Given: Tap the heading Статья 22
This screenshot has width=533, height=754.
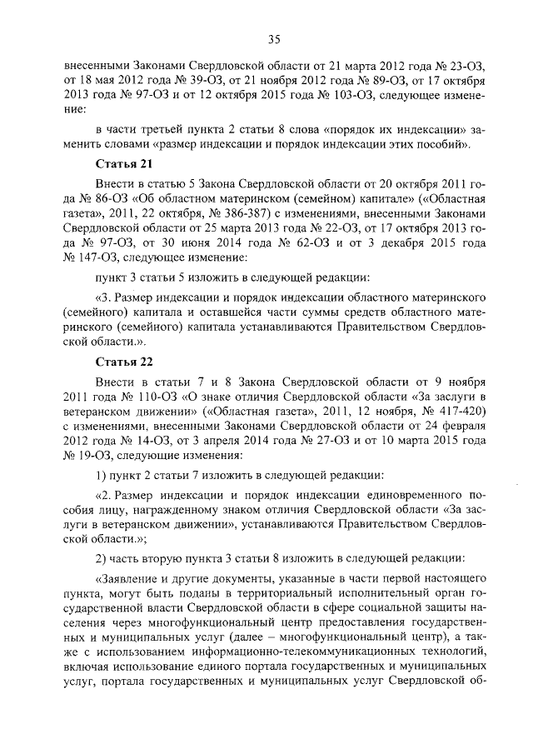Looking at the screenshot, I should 123,362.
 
